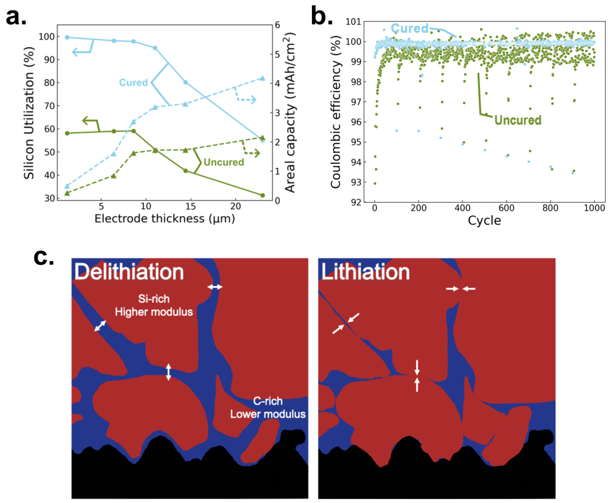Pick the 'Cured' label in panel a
(133, 83)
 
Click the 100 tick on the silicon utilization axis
(46, 36)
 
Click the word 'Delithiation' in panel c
(129, 272)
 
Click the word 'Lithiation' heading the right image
(365, 272)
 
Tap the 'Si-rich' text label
(154, 299)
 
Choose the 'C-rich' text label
(268, 401)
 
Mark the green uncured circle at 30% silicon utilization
(263, 195)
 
